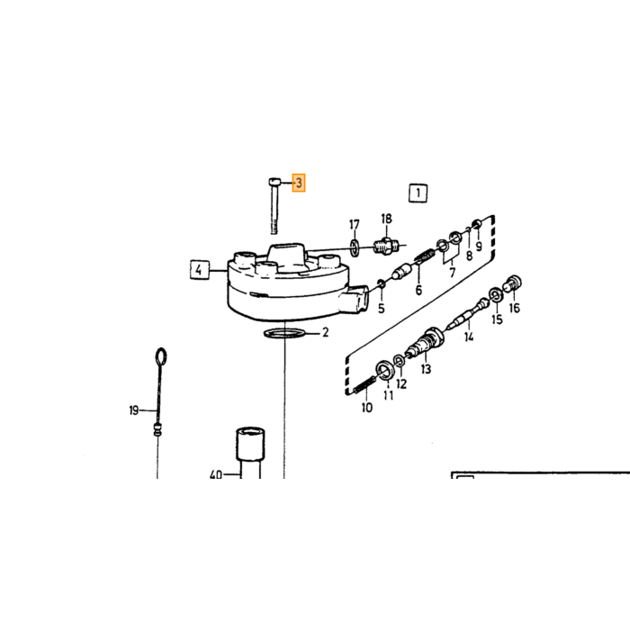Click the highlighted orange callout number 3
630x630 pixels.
299,184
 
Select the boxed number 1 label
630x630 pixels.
418,193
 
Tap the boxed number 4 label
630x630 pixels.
199,270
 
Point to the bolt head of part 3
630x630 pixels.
274,182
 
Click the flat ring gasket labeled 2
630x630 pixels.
283,333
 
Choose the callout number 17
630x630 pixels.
354,225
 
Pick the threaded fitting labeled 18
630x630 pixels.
386,246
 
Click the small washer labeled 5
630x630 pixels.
382,285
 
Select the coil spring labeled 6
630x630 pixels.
424,256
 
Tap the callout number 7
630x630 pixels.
453,273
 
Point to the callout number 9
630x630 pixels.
479,246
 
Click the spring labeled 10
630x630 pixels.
365,386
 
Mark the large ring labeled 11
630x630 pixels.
386,370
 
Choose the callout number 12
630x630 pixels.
401,383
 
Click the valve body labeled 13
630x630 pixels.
426,344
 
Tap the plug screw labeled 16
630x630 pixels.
514,284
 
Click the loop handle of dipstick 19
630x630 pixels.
161,356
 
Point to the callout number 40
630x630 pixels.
216,475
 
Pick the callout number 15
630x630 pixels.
497,319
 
